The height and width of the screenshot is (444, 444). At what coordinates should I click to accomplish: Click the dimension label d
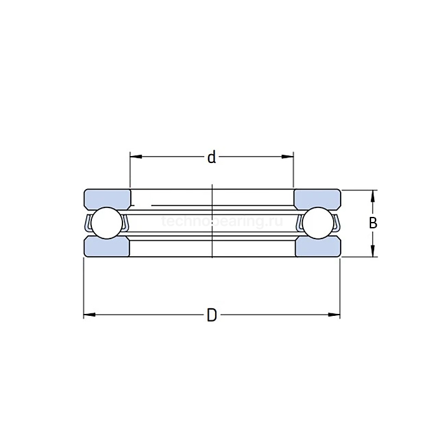click(212, 157)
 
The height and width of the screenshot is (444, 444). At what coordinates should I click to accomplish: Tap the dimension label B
click(373, 223)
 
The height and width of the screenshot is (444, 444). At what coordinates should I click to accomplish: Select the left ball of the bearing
click(106, 223)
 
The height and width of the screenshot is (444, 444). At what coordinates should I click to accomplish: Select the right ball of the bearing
click(317, 223)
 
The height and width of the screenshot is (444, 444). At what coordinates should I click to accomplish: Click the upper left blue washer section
click(107, 198)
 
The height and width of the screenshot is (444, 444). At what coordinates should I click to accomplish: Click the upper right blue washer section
click(317, 198)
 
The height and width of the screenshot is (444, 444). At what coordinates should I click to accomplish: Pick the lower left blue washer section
click(107, 247)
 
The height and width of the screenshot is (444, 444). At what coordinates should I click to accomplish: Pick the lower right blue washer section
click(317, 247)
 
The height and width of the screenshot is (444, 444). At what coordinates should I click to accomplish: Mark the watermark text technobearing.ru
click(222, 222)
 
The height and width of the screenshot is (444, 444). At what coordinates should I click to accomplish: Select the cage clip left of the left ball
click(88, 223)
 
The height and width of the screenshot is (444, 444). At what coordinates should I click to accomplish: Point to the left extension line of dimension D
click(84, 285)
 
